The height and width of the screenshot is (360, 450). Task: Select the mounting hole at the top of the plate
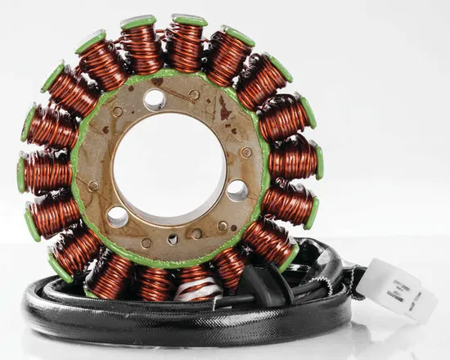pyautogui.click(x=154, y=99)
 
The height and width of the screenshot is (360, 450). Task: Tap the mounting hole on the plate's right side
pyautogui.click(x=237, y=190)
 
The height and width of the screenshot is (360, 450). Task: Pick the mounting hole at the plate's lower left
pyautogui.click(x=117, y=216)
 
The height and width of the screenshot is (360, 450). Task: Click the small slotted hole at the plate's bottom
pyautogui.click(x=173, y=239)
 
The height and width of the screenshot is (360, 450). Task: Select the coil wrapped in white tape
pyautogui.click(x=197, y=284)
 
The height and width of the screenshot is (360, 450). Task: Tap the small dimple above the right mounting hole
pyautogui.click(x=246, y=152)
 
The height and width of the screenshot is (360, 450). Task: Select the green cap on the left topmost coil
pyautogui.click(x=138, y=22)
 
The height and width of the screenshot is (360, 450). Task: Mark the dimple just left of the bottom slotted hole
pyautogui.click(x=146, y=243)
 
